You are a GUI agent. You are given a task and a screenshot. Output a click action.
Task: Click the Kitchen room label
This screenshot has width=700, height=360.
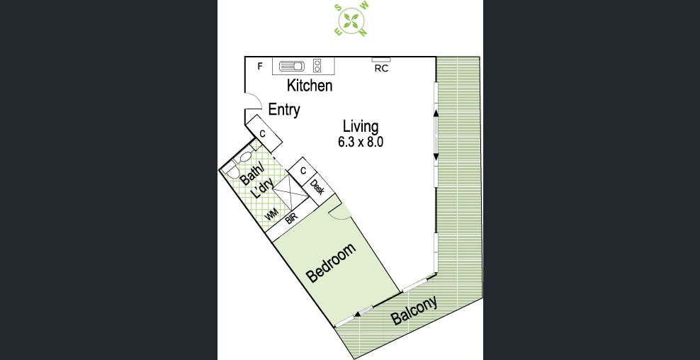(309, 86)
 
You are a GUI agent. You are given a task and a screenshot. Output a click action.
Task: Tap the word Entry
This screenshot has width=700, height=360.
(284, 110)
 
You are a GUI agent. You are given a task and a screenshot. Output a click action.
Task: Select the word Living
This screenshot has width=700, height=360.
(361, 126)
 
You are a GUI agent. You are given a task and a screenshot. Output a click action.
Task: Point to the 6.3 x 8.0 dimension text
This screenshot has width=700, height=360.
(361, 142)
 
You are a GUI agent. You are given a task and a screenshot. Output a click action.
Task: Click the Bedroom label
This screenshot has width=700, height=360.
(330, 264)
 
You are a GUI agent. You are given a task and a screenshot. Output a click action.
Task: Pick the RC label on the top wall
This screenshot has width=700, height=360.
(381, 69)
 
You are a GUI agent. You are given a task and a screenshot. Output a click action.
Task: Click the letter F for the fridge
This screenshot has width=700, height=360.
(260, 67)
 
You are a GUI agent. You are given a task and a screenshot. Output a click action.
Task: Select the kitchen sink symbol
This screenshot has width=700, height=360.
(291, 66)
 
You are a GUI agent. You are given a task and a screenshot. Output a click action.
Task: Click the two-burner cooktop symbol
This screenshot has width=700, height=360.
(317, 66)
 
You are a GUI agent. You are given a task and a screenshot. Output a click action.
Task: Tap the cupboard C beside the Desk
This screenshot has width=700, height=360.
(303, 171)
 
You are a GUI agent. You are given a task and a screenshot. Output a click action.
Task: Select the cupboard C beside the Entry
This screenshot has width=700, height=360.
(262, 133)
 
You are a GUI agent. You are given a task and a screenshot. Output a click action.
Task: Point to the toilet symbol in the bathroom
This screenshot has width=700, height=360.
(244, 159)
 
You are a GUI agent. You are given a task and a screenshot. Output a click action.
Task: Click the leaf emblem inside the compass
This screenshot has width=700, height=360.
(351, 19)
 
